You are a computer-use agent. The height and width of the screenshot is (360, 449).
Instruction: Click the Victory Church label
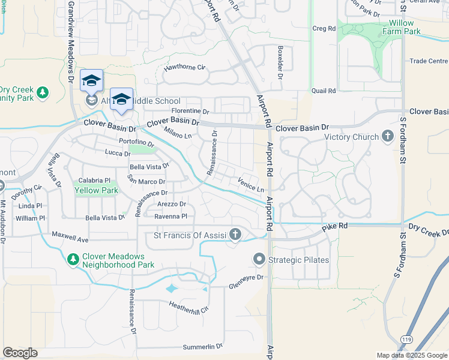click(351, 137)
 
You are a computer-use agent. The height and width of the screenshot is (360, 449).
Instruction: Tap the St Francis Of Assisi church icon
click(236, 235)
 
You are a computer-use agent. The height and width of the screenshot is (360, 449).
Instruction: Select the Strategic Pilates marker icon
click(259, 259)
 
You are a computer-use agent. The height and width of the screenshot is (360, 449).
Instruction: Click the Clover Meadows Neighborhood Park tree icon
click(73, 259)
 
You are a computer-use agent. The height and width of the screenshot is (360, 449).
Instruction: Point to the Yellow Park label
click(96, 190)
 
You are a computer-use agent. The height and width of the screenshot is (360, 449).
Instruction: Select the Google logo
click(20, 353)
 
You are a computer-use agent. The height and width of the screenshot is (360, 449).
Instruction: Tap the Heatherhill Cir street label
click(188, 307)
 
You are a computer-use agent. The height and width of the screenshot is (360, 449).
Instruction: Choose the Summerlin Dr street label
click(203, 347)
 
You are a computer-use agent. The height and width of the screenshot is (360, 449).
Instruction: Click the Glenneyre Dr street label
click(246, 281)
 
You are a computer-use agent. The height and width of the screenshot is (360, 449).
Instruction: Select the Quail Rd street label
click(323, 91)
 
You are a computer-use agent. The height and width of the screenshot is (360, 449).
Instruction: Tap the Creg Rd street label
click(324, 28)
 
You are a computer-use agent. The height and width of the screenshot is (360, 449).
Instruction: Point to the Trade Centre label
click(429, 61)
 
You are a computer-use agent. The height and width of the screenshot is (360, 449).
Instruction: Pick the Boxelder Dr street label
click(279, 63)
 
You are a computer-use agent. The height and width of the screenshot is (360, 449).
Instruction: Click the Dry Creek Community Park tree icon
click(42, 92)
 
